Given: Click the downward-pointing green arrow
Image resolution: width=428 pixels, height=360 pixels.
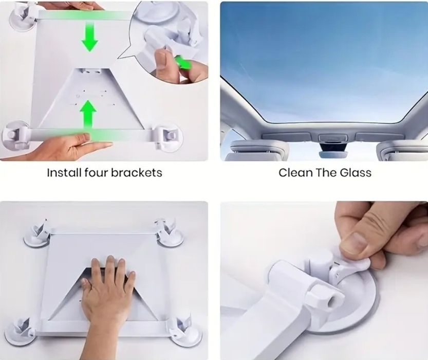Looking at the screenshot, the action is [89, 37].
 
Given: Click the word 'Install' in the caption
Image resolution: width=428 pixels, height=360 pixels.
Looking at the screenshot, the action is [64, 173].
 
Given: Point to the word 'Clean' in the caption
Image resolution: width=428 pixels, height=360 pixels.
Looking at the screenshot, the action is [295, 173].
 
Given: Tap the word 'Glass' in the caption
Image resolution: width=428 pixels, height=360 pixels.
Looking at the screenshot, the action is [356, 173].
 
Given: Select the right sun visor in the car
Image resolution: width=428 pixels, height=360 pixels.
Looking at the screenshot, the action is [402, 151].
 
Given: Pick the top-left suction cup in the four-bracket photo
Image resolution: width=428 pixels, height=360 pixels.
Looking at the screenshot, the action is [38, 235].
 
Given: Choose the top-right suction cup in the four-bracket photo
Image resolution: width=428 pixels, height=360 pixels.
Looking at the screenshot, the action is [169, 233].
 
